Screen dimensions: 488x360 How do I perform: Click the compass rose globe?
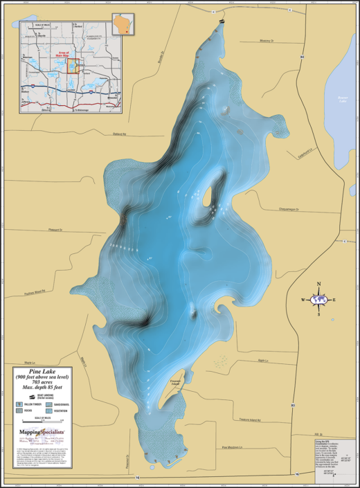318,300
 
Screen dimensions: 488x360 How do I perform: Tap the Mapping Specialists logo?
41,431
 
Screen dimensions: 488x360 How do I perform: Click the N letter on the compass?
318,284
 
